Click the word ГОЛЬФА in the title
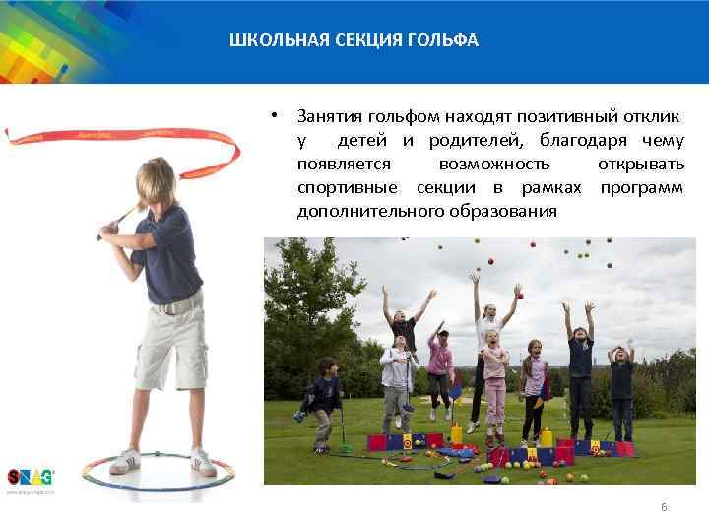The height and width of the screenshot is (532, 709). point(446,40)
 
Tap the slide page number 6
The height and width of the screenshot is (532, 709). point(664,506)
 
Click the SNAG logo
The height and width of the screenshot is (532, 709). point(30,477)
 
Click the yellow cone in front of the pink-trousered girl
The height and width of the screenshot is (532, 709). point(456,432)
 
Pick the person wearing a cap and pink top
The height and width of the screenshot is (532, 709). point(440,369)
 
